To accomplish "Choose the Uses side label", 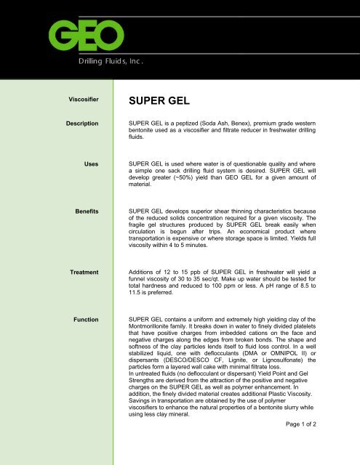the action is tap(91, 166).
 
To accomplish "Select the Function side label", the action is tap(85, 319).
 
